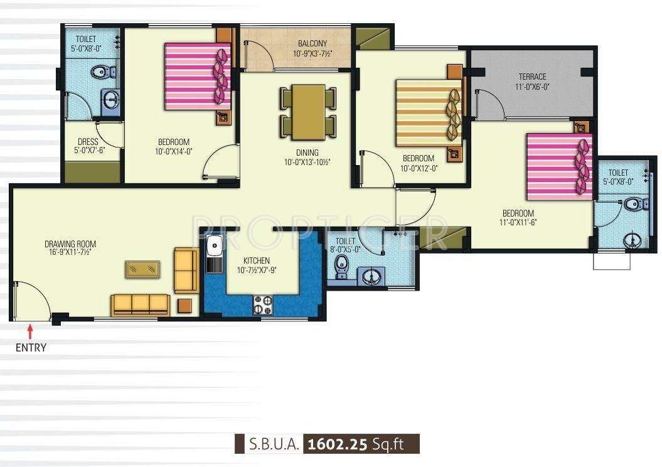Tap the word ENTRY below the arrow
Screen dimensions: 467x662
[x=30, y=347]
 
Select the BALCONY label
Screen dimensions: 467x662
[x=312, y=43]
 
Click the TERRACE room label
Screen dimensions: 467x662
[x=532, y=77]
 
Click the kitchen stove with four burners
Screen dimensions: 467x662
[x=262, y=305]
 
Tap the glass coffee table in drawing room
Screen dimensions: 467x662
[x=142, y=269]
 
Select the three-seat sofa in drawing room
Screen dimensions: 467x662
[x=141, y=304]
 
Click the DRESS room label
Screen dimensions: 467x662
[x=87, y=142]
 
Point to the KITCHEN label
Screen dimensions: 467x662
[x=257, y=260]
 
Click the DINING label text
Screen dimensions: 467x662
[x=307, y=153]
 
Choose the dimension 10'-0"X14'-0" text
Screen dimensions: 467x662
[x=173, y=151]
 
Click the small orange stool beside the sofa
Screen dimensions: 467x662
[x=184, y=306]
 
